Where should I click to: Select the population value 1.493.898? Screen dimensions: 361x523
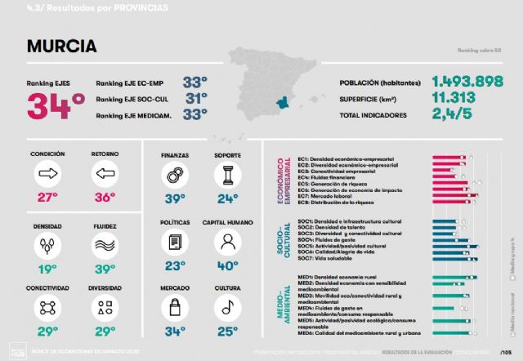click(x=472, y=82)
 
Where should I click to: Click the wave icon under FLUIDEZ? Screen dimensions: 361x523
click(x=104, y=244)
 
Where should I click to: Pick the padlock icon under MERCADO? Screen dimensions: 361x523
click(x=173, y=307)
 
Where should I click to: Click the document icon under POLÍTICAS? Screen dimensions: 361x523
click(x=173, y=242)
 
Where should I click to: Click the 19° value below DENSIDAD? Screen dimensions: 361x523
click(x=47, y=267)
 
